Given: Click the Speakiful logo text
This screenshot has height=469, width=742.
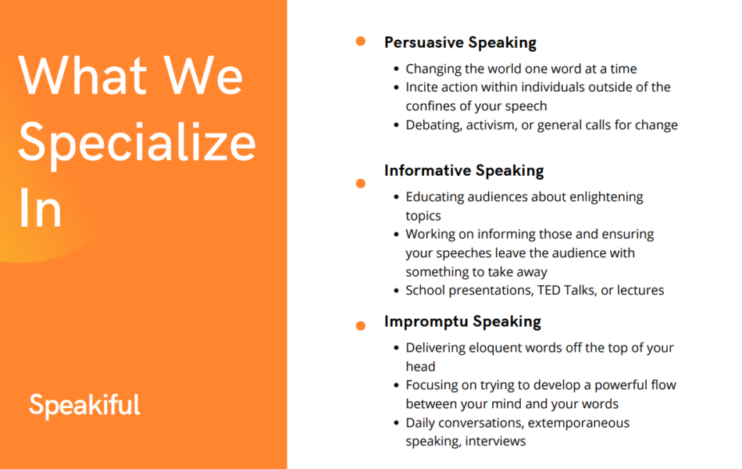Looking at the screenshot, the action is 84,405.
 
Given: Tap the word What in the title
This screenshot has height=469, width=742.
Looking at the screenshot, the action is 83,75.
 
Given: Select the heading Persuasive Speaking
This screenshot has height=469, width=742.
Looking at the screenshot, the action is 460,43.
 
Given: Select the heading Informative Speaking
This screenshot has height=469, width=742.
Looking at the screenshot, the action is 464,170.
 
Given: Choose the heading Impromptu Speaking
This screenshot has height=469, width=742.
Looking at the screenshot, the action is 462,322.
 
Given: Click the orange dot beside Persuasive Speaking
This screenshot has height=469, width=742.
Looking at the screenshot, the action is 361,41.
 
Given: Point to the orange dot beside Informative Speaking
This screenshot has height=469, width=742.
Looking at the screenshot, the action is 361,184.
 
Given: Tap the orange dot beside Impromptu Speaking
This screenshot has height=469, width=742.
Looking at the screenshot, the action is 361,325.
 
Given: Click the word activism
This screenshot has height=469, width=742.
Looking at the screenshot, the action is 491,125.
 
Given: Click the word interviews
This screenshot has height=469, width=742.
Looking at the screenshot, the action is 495,441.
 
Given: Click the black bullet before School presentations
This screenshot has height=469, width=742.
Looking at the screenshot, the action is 397,291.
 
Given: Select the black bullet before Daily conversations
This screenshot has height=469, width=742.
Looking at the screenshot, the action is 397,423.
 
